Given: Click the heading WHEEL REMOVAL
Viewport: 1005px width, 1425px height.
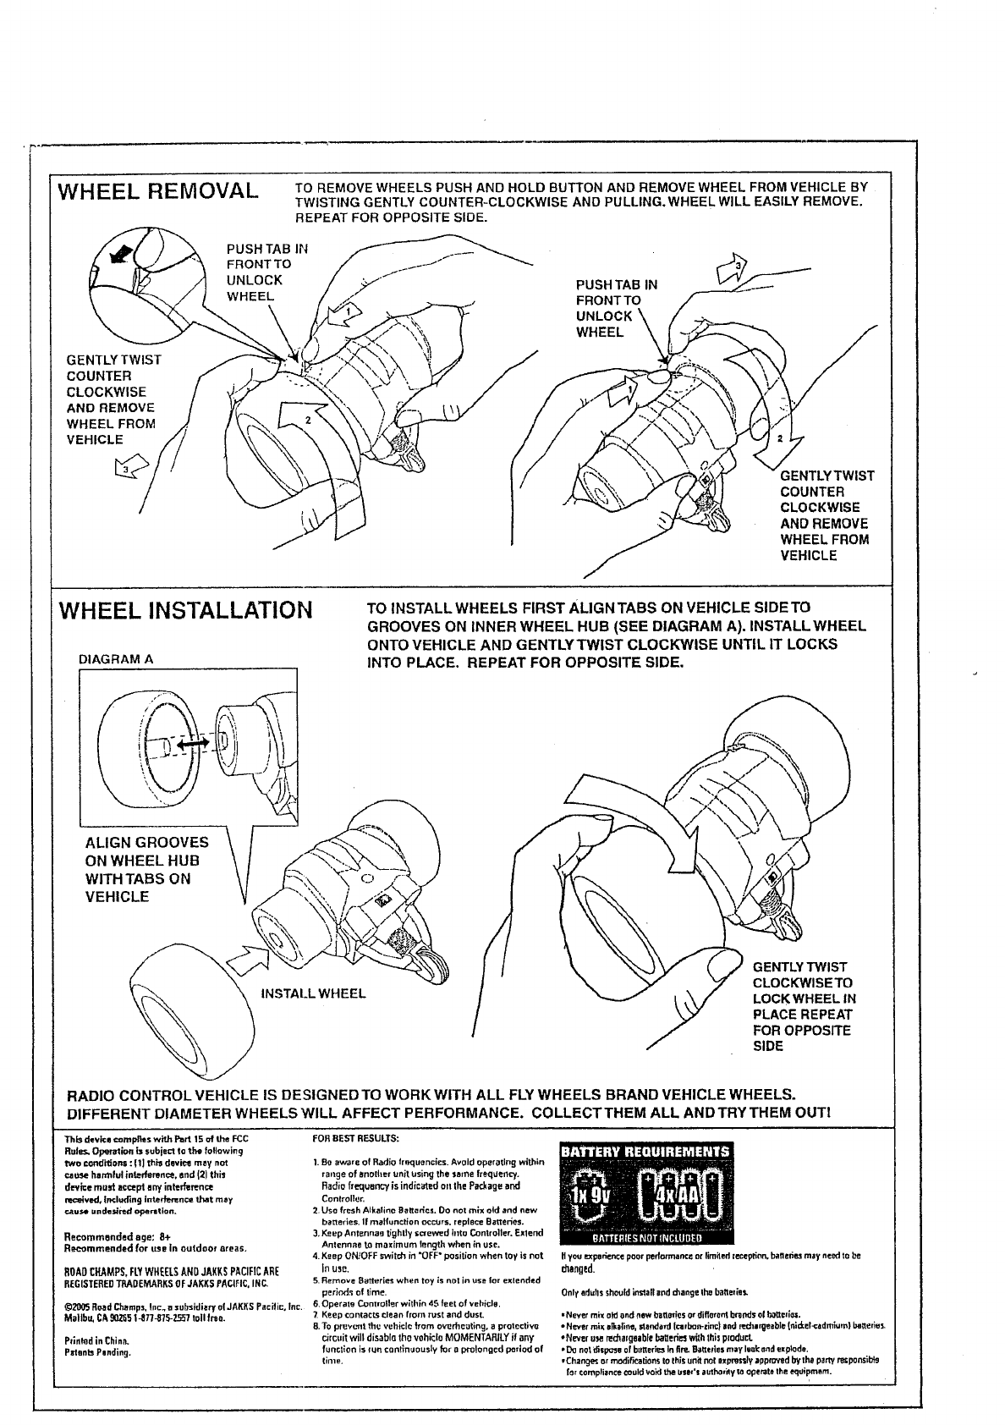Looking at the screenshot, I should tap(156, 191).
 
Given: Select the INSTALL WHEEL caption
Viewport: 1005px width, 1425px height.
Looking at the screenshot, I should tap(314, 993).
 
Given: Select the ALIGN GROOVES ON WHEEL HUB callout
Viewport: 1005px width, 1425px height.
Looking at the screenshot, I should tap(146, 869).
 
